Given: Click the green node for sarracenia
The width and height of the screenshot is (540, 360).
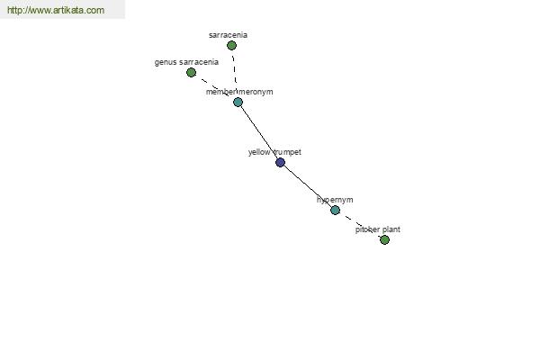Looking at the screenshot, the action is click(x=232, y=46).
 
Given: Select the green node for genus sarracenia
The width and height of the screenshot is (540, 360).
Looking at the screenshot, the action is click(x=191, y=72).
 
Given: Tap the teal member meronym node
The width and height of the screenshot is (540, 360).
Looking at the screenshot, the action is click(x=238, y=102).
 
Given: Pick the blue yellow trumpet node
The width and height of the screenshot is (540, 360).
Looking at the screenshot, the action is click(x=280, y=162).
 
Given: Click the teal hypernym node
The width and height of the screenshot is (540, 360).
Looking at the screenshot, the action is click(x=335, y=210).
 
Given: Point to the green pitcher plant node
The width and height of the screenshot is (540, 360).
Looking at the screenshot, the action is click(x=384, y=239).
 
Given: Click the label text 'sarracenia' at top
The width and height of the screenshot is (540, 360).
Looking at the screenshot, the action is click(x=228, y=35).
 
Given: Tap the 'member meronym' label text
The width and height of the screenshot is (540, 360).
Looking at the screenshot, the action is click(x=239, y=92).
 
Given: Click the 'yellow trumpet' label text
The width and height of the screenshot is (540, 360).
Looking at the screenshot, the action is click(x=274, y=152).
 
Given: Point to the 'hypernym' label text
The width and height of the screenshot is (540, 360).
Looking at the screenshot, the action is click(x=335, y=200).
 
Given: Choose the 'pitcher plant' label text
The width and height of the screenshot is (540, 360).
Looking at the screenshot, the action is click(x=378, y=229).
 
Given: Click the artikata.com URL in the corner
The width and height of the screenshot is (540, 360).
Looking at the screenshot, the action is click(x=56, y=10).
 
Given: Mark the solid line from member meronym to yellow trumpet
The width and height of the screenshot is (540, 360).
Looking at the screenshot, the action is click(x=259, y=132).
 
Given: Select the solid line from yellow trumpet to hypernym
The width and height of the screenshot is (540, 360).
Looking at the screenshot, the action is click(x=308, y=186).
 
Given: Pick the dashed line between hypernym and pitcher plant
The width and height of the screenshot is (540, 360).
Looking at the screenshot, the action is click(x=360, y=225).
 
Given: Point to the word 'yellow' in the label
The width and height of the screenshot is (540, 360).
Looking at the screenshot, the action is click(x=259, y=152).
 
